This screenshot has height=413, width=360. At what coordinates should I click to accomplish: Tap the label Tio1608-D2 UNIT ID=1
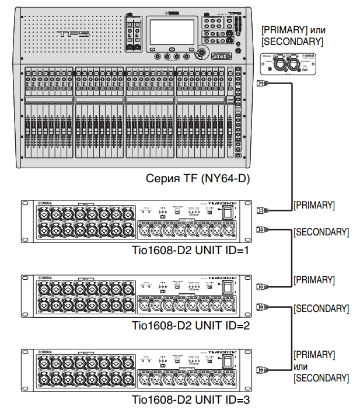[x=191, y=253]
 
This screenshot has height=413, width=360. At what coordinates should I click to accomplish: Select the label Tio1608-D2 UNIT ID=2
[x=191, y=326]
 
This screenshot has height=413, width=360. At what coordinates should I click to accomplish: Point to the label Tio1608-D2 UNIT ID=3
[x=191, y=400]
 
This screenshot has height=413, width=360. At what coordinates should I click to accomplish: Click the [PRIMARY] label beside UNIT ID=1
[x=314, y=205]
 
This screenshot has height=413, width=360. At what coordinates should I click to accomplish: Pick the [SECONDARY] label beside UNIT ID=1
[x=321, y=232]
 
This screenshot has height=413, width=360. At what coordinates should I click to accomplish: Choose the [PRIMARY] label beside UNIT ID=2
[x=314, y=280]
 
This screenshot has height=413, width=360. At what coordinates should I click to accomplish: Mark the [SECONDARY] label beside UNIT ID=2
[x=321, y=308]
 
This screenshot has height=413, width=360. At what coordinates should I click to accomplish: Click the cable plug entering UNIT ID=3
[x=262, y=369]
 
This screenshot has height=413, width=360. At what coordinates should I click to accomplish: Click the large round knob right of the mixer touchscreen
[x=202, y=53]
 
